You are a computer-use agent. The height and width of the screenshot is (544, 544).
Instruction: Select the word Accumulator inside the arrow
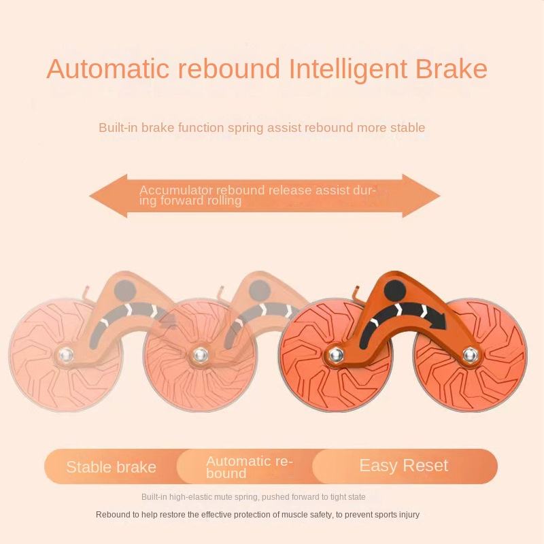point(176,190)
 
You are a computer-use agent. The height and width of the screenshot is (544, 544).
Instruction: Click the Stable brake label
point(111,467)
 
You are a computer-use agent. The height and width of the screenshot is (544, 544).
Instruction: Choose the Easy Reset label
point(403,466)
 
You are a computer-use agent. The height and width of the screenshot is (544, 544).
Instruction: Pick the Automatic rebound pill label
point(249,466)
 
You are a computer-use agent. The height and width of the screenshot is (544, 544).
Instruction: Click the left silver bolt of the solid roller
point(335,354)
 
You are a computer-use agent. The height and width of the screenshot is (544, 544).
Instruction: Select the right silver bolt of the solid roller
point(469,354)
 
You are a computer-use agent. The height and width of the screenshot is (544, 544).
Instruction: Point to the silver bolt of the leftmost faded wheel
point(65,355)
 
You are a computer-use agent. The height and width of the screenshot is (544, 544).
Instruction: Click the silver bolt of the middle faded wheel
point(199,355)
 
